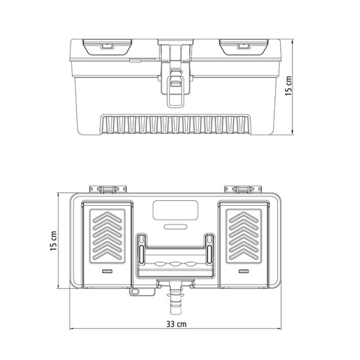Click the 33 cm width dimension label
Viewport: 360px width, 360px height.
(176, 324)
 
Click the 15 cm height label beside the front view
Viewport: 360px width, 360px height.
(289, 86)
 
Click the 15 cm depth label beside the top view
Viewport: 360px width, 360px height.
(53, 241)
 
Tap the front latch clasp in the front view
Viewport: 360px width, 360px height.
(175, 88)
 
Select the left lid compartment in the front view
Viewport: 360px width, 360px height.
(107, 47)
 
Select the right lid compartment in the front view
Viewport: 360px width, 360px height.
(243, 47)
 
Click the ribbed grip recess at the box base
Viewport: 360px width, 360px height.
(176, 124)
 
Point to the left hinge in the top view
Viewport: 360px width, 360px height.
(108, 189)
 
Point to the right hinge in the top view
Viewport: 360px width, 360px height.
(243, 189)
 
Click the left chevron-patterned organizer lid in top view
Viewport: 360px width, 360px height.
(107, 244)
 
